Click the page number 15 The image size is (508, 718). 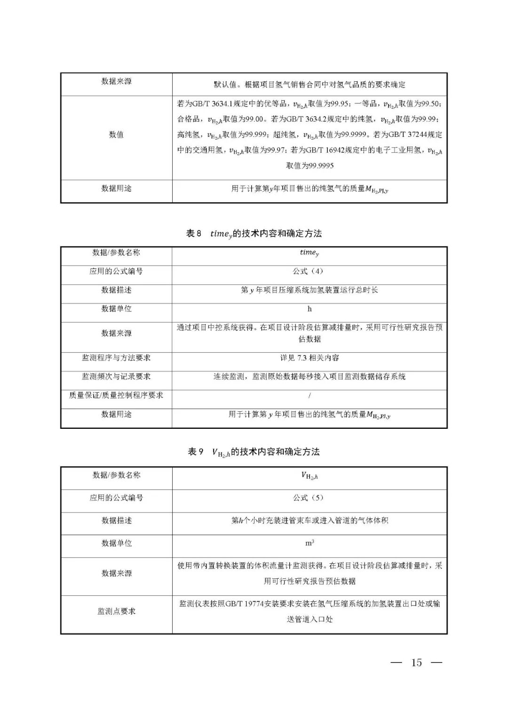[x=416, y=663]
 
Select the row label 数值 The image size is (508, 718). [x=116, y=134]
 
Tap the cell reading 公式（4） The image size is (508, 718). [x=309, y=271]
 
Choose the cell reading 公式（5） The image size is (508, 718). [x=309, y=497]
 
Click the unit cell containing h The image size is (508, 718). [x=310, y=309]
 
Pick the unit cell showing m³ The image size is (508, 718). [x=310, y=543]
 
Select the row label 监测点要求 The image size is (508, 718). [x=116, y=611]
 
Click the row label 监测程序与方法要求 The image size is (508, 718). [x=116, y=358]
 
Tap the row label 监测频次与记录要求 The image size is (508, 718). [x=116, y=377]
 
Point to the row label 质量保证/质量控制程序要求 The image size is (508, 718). [x=116, y=395]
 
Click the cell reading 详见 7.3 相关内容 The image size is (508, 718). [x=309, y=358]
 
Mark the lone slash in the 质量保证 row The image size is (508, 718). [x=310, y=395]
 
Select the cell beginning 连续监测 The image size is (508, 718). [x=309, y=377]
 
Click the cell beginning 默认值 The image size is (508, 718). [x=309, y=85]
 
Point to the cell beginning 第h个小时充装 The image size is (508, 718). [x=309, y=521]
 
